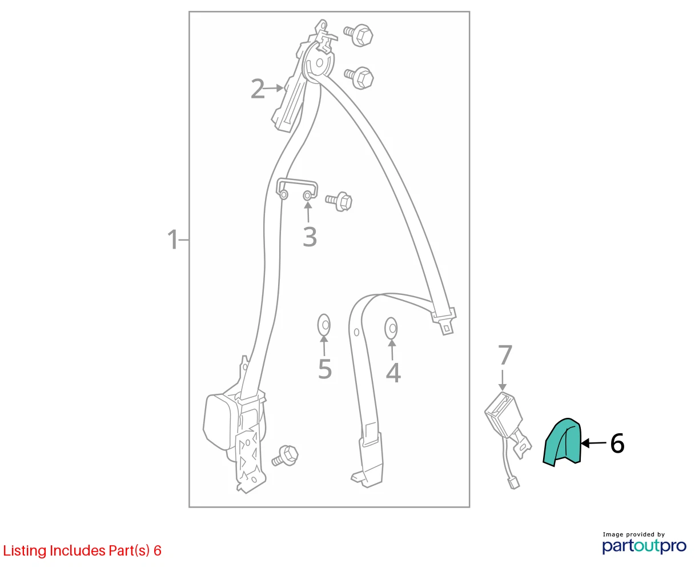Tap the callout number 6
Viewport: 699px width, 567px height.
pos(617,444)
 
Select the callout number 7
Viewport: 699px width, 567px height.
pos(505,354)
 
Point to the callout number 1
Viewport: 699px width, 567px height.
pos(172,239)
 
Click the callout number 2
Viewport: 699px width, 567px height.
pos(258,89)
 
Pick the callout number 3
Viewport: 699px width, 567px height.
pos(310,237)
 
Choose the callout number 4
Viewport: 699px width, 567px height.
pos(393,373)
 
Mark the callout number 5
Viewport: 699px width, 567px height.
pos(325,369)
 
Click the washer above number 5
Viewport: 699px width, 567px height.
pos(324,325)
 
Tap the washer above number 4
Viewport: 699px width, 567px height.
pos(391,328)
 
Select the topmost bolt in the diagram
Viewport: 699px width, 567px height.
pos(358,35)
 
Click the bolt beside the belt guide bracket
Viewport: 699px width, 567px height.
pos(339,201)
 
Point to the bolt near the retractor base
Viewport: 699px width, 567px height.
pos(285,456)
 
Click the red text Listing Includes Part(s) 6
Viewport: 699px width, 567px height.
pos(82,550)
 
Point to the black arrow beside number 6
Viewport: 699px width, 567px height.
pos(593,443)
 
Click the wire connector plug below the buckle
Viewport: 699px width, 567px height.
pos(513,484)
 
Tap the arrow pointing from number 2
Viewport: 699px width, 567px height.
pos(273,88)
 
